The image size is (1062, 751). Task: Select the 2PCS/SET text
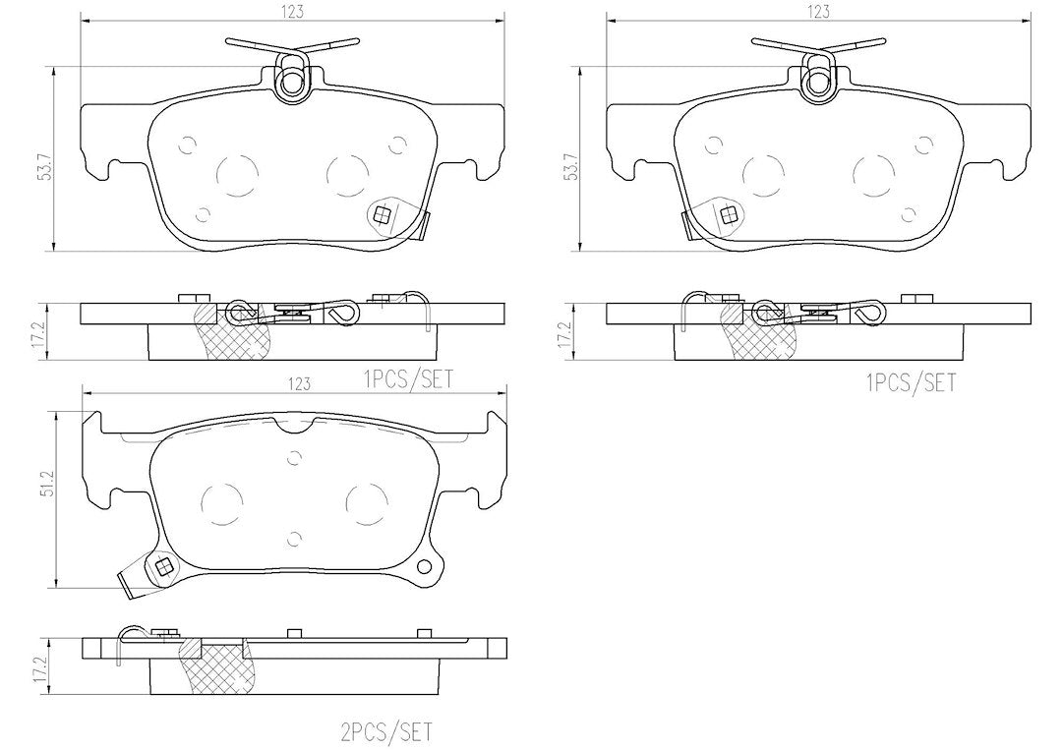(386, 731)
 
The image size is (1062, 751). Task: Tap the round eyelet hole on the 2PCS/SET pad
(425, 566)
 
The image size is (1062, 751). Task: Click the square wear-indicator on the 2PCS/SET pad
(163, 566)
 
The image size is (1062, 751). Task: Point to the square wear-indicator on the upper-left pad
(383, 215)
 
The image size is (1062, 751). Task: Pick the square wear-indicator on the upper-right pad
(730, 215)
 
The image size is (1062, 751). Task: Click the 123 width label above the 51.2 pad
(299, 384)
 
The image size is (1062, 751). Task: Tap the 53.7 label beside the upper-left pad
(45, 165)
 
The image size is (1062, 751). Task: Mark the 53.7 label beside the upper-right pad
(571, 165)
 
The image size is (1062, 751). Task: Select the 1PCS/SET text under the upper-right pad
(911, 383)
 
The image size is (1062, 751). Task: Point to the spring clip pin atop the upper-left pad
(292, 82)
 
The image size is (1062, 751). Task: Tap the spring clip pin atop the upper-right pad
(818, 82)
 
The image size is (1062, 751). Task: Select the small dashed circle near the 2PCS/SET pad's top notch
(293, 458)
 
